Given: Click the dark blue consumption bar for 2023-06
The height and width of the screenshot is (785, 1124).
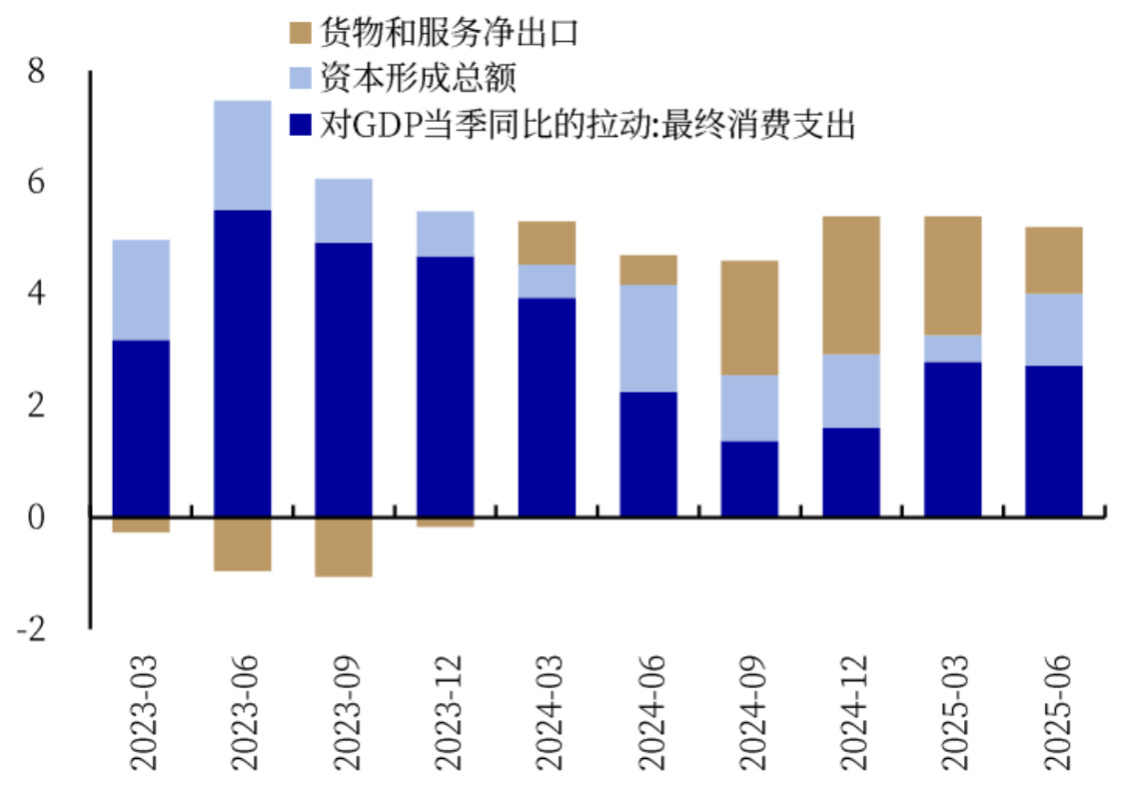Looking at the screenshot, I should (243, 363).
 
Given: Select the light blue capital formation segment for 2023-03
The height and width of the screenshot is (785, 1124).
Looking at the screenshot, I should (141, 290).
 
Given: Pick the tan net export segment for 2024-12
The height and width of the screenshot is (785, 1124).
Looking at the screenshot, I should (851, 285).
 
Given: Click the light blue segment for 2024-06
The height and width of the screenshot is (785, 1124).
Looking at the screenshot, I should (648, 338).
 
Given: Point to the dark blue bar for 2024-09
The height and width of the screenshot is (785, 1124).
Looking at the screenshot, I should (749, 478).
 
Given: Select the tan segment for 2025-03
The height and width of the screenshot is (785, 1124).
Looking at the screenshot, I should (952, 275).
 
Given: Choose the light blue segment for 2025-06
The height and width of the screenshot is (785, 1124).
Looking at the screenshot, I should (1054, 329).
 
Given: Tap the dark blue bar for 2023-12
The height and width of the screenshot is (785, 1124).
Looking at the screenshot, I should (446, 387).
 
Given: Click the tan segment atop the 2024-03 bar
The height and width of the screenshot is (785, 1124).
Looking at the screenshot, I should (547, 243).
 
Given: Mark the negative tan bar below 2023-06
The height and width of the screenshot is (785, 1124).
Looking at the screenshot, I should (243, 543).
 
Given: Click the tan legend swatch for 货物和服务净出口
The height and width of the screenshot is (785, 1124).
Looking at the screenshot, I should (301, 33).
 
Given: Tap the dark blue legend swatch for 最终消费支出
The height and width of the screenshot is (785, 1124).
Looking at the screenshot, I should (301, 125).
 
